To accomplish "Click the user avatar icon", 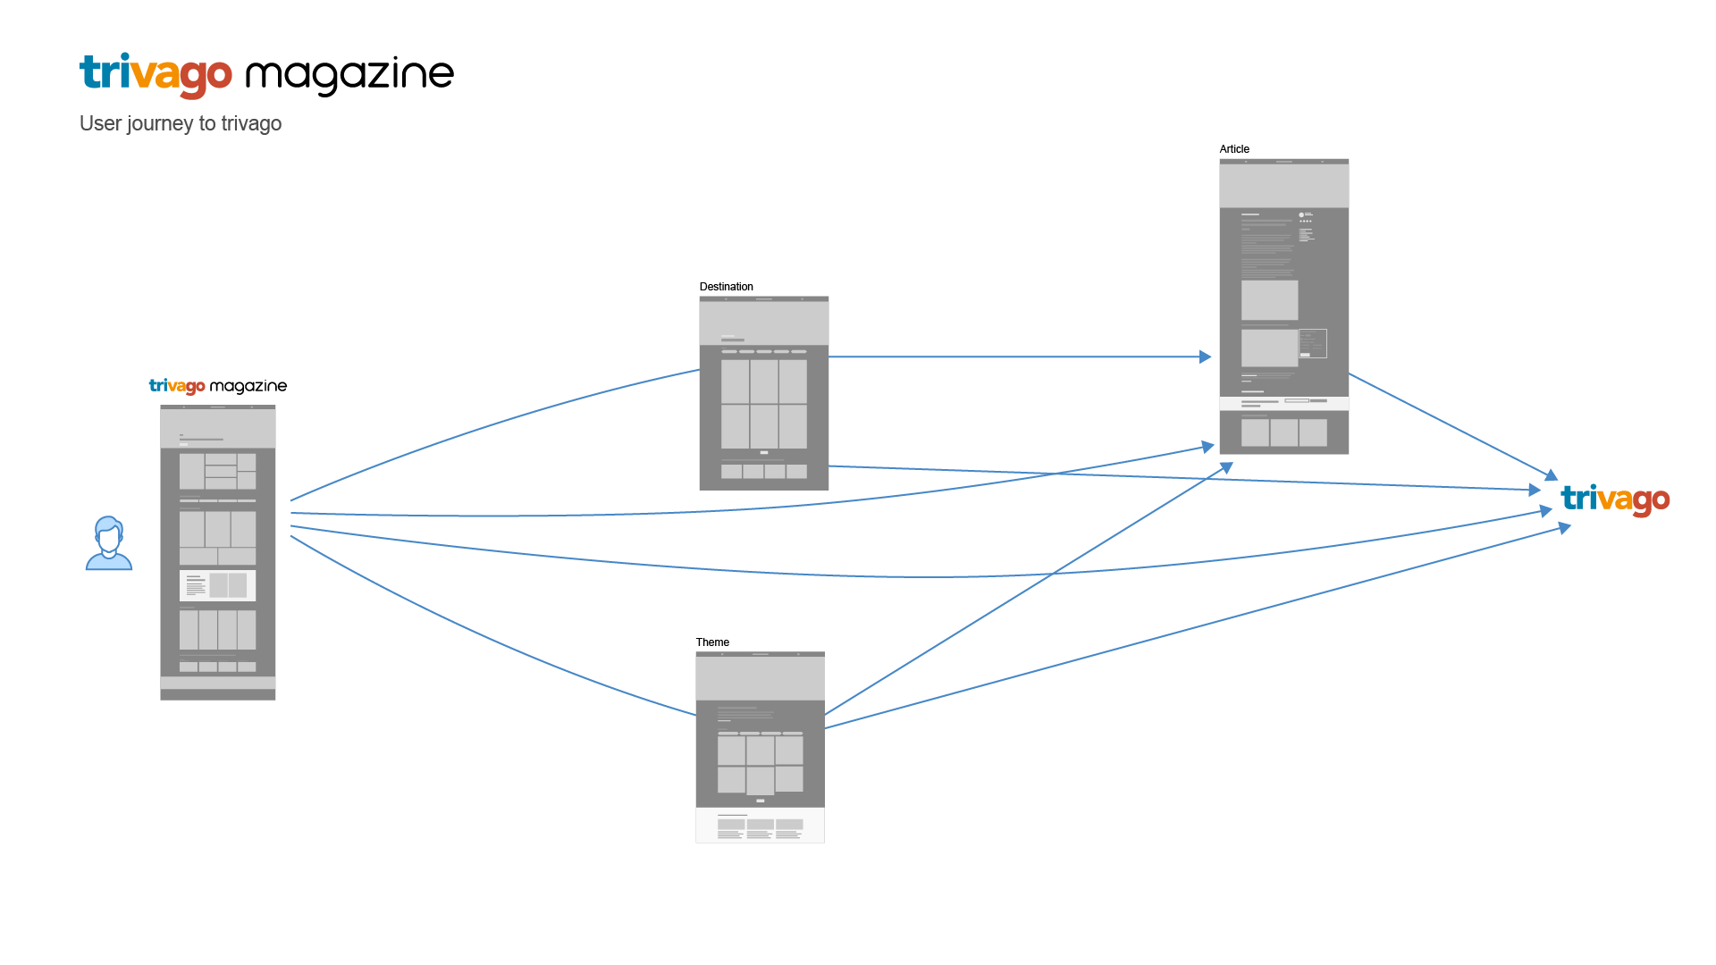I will pyautogui.click(x=109, y=543).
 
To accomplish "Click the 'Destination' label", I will pyautogui.click(x=726, y=287).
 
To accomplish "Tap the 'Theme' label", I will pyautogui.click(x=712, y=642).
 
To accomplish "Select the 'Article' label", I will pyautogui.click(x=1234, y=149).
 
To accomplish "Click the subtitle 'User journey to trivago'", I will pyautogui.click(x=181, y=123).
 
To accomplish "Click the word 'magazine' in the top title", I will pyautogui.click(x=349, y=74).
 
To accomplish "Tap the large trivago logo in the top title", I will pyautogui.click(x=156, y=74).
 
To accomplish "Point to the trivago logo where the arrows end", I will pyautogui.click(x=1615, y=499).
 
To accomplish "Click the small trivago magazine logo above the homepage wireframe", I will pyautogui.click(x=217, y=386).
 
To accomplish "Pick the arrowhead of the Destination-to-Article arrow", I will pyautogui.click(x=1206, y=357).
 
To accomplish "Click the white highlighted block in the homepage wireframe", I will pyautogui.click(x=217, y=585).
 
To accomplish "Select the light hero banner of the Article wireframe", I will pyautogui.click(x=1283, y=186).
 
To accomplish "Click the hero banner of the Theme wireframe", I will pyautogui.click(x=760, y=678).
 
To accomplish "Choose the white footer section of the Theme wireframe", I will pyautogui.click(x=760, y=825).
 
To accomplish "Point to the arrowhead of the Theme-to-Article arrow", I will pyautogui.click(x=1227, y=466).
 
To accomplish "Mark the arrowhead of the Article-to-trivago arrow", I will pyautogui.click(x=1552, y=475).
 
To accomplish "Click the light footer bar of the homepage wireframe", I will pyautogui.click(x=217, y=683).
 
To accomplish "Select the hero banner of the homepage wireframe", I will pyautogui.click(x=217, y=429).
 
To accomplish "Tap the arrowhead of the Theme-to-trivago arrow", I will pyautogui.click(x=1565, y=527).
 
